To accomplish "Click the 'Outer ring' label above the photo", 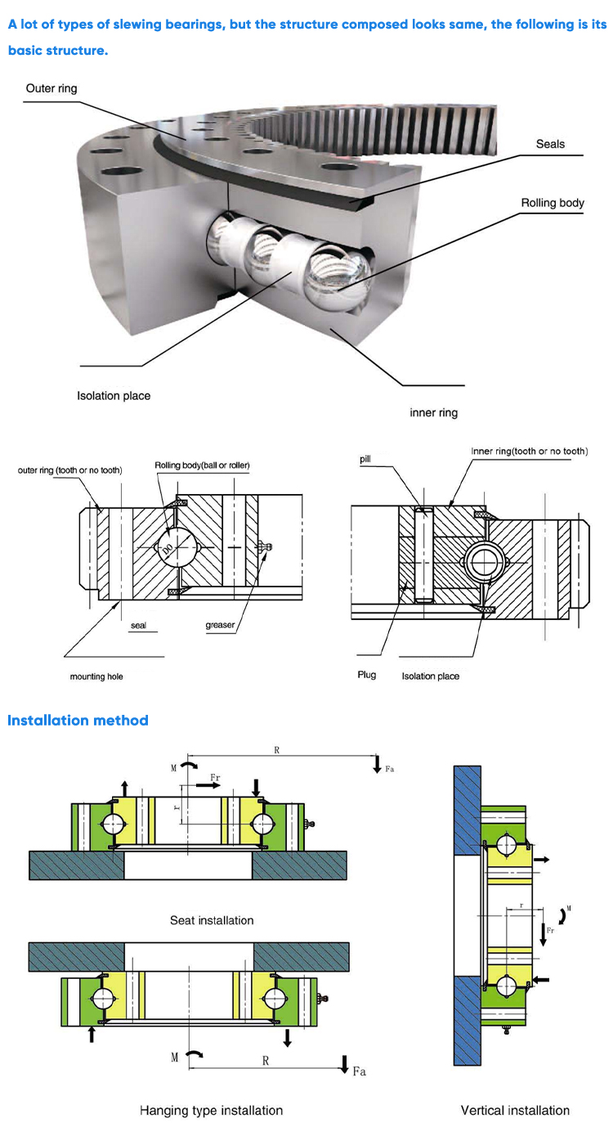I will [x=51, y=88].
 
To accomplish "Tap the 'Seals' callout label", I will [x=550, y=144].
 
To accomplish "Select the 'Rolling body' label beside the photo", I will [x=553, y=203].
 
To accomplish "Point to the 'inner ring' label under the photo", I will [x=433, y=413].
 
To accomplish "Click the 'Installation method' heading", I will [x=78, y=721].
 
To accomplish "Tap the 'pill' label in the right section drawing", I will [x=365, y=460].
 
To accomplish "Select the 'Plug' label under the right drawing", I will [x=367, y=675].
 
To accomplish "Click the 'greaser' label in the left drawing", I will [x=221, y=626].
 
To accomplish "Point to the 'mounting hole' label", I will [x=96, y=676].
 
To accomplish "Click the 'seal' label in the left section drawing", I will [x=138, y=626].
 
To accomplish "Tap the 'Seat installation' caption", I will [x=212, y=920].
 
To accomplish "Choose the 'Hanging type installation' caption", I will [x=211, y=1110].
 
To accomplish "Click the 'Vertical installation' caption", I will [x=515, y=1110].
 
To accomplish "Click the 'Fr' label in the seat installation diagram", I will [x=217, y=776].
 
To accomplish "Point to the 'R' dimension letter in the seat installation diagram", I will [x=277, y=750].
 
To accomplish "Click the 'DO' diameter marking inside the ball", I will [x=168, y=550].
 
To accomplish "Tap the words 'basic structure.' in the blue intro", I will [x=58, y=51].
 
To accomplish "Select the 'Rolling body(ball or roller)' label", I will [x=202, y=465].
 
